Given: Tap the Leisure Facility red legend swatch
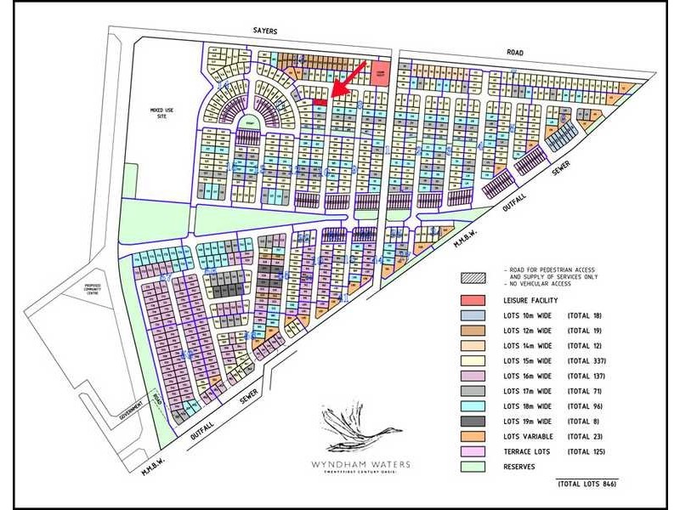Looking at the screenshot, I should coord(473,301).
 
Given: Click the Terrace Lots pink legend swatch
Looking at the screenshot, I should coord(473,451).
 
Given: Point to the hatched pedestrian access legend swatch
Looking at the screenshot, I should coord(473,278).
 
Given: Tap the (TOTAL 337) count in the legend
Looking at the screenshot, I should coord(586,361).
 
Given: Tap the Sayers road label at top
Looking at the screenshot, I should coord(265,31).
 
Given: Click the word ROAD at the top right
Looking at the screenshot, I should coord(513,52).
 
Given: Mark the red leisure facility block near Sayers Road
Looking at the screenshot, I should coord(382,71).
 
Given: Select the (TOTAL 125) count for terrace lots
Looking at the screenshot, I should coord(586,451).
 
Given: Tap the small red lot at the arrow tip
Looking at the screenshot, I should coord(320,103).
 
